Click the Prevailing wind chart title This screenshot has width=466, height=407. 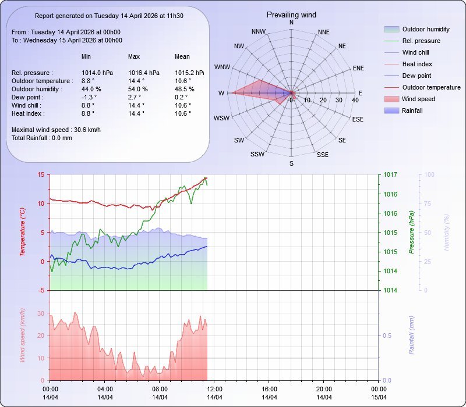[291, 15]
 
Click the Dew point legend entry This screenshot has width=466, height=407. [416, 76]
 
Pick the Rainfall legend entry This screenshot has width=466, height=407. [412, 110]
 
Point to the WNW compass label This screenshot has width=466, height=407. [222, 67]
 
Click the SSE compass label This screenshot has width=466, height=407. [322, 155]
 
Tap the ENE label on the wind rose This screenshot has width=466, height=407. [358, 68]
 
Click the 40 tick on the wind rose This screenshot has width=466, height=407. [355, 100]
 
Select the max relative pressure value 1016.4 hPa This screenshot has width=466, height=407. [143, 73]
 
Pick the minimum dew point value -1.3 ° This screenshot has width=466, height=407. [89, 97]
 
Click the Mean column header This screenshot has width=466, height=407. [182, 56]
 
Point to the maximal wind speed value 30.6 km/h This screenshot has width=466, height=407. [87, 130]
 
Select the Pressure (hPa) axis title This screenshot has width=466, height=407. [411, 233]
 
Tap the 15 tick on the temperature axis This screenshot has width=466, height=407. [41, 174]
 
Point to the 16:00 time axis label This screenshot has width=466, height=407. [269, 389]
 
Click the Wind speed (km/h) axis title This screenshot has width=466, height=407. [23, 335]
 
